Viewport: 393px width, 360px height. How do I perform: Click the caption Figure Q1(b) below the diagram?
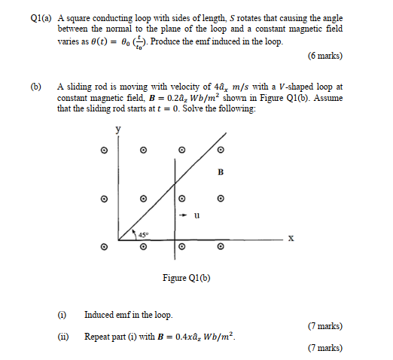click(186, 278)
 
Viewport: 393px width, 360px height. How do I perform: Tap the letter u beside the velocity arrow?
click(196, 215)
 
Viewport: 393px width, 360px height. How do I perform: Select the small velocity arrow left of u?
click(184, 215)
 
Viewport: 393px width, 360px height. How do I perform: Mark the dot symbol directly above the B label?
click(220, 150)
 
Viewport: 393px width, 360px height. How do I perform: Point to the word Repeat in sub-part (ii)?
click(98, 337)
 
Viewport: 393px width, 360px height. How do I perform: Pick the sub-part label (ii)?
click(62, 337)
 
